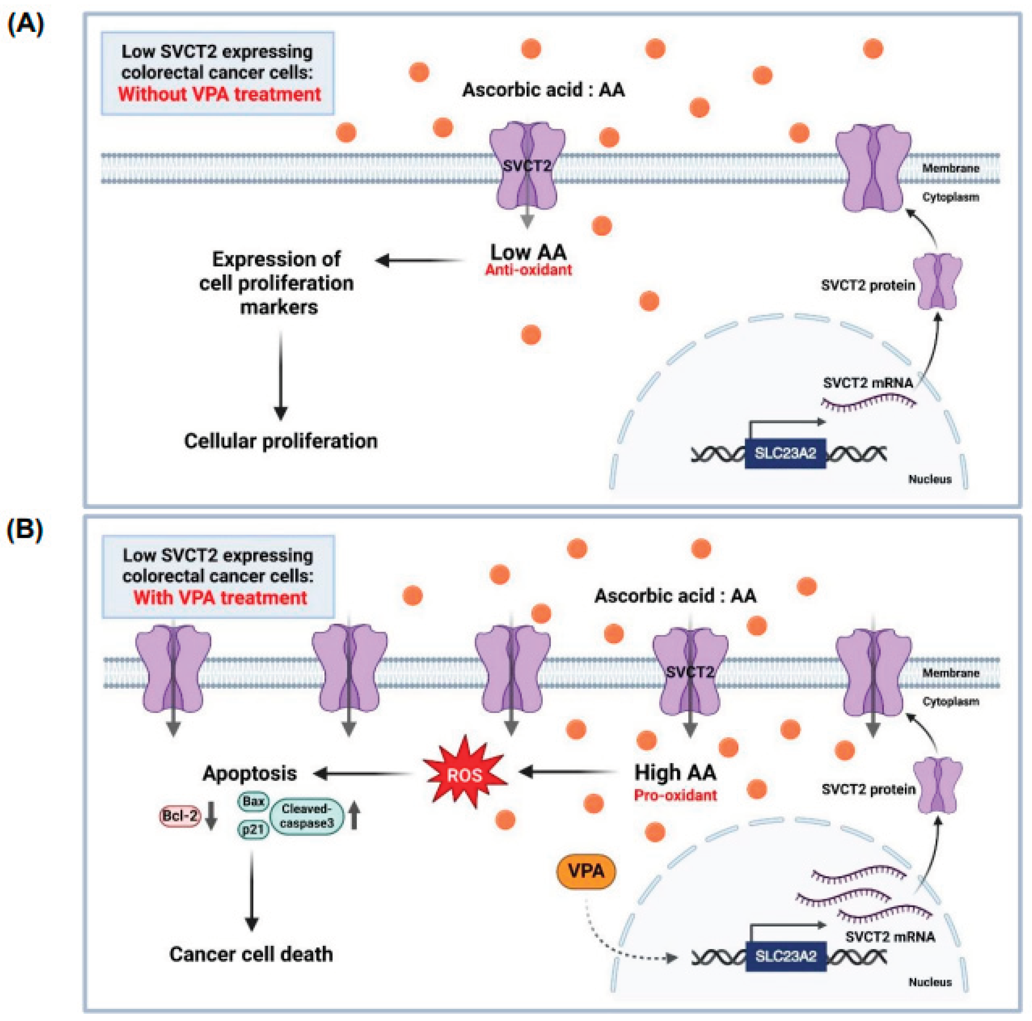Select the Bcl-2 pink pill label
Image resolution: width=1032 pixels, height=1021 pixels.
[180, 816]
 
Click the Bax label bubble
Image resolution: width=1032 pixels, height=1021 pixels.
[253, 801]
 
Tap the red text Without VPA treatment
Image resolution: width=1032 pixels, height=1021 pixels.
[219, 94]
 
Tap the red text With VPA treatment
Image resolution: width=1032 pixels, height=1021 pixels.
[220, 597]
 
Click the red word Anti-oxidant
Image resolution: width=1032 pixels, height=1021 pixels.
[528, 270]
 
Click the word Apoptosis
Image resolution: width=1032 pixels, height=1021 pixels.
[250, 773]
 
